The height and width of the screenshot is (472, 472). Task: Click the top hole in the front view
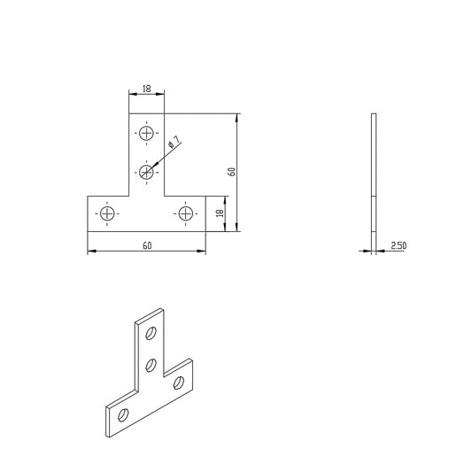pos(146,134)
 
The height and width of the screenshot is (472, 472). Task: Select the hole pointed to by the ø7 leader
pos(146,171)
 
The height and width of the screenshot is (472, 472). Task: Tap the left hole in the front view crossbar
pos(107,213)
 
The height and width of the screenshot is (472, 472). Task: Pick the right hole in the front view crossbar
pos(186,213)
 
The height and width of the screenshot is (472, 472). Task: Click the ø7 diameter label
pos(174,143)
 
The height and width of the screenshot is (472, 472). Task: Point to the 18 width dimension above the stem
pos(146,89)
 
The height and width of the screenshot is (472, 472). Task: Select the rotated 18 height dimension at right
pos(219,213)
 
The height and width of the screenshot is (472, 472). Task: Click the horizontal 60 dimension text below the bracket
pos(146,246)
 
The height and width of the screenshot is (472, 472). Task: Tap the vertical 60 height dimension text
pos(232,172)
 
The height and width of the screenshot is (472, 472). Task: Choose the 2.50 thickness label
pos(397,246)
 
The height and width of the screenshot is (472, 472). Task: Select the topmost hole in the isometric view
pos(151,334)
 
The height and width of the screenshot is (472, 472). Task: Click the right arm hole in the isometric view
pos(180,382)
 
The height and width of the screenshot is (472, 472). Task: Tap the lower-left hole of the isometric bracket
pos(123,414)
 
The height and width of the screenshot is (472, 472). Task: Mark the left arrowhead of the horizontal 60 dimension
pos(90,252)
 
